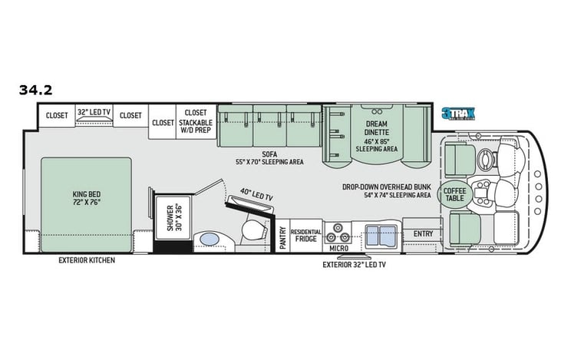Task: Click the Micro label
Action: tap(338, 248)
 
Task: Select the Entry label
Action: tap(423, 233)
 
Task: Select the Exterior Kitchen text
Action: tap(87, 260)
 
